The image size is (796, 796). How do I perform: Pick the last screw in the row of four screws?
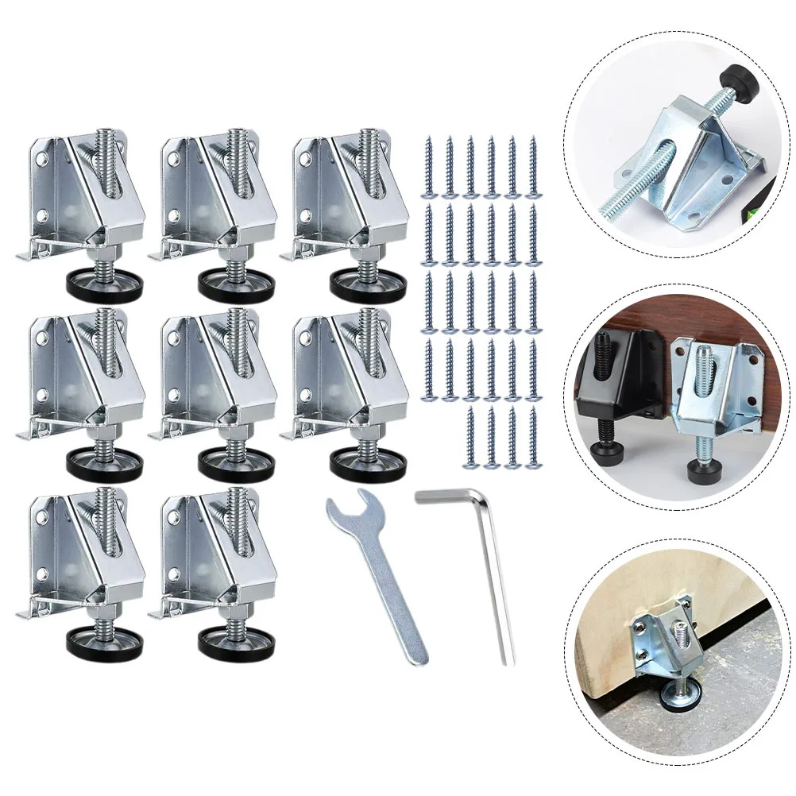531,436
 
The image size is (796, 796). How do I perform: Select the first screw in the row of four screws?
471,436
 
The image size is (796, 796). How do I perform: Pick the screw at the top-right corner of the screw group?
531,166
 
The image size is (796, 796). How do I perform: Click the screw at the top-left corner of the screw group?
430,166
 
